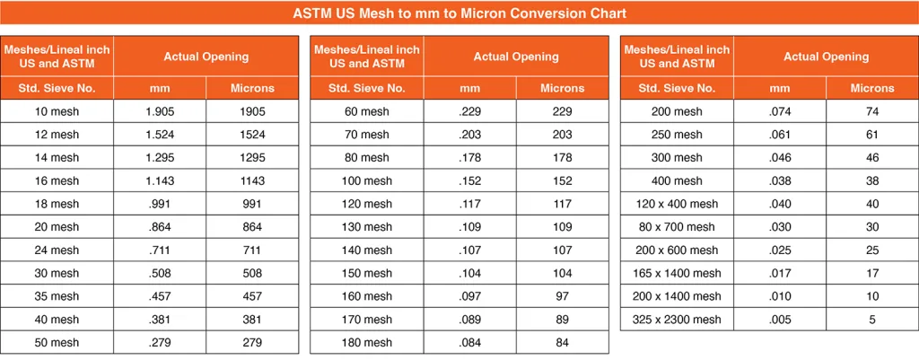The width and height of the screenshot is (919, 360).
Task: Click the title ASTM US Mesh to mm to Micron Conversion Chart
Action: [459, 13]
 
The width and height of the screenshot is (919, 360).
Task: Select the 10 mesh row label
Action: [56, 111]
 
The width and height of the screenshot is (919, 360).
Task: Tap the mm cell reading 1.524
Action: [161, 135]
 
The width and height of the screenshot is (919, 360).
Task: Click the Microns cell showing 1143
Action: [252, 181]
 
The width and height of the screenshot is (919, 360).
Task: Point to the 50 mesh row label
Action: [56, 343]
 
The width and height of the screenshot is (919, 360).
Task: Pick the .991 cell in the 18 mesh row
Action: [161, 204]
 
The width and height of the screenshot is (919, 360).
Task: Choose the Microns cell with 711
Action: [252, 250]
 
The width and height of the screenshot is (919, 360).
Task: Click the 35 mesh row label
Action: [56, 296]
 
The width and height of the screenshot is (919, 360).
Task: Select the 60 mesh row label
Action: [366, 111]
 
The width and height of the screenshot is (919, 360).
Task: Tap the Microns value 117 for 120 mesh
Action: [563, 204]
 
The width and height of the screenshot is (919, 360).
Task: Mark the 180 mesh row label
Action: [366, 343]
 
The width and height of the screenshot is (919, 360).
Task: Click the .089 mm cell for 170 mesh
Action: [470, 320]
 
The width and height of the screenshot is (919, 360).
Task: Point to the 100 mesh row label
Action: [366, 181]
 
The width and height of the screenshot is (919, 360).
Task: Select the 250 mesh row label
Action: [677, 135]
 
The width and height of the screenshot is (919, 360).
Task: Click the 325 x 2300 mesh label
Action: [677, 320]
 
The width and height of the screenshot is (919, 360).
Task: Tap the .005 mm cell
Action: [780, 320]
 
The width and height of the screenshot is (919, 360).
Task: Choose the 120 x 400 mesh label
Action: [677, 204]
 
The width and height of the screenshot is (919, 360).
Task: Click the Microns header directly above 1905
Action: [252, 88]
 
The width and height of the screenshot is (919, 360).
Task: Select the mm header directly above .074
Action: [780, 88]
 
